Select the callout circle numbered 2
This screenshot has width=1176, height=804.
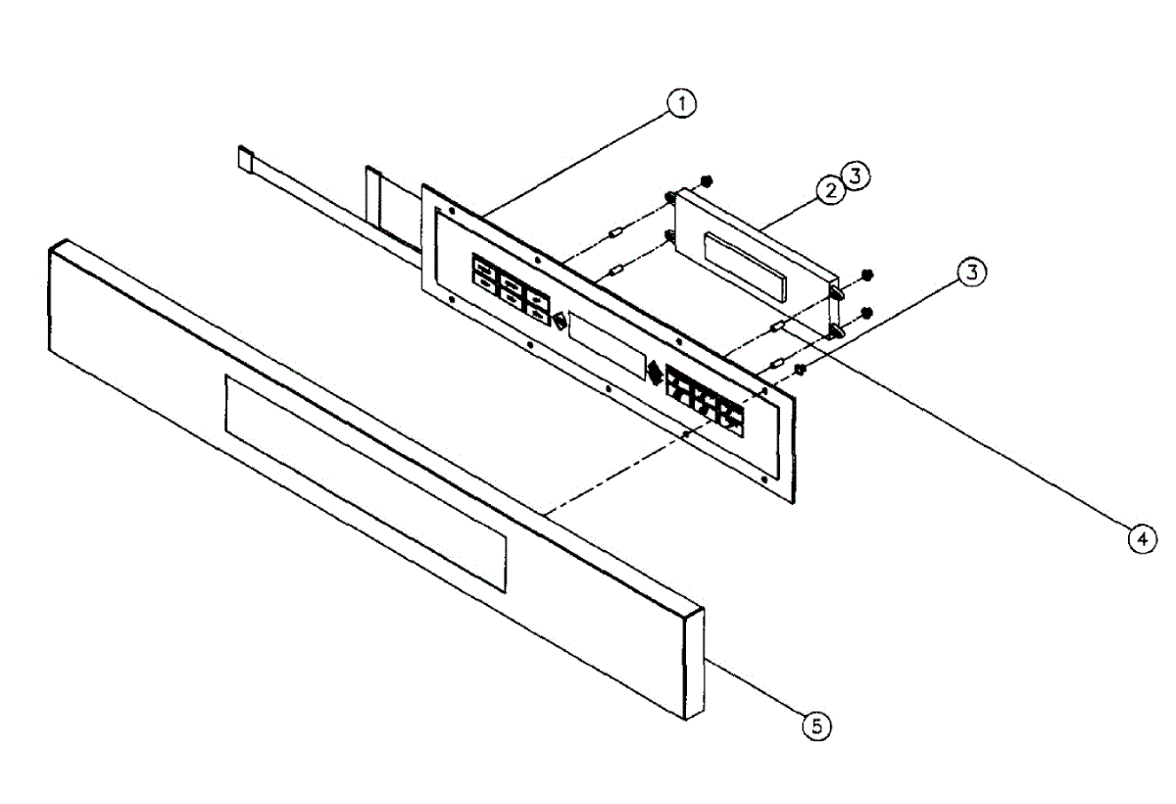click(831, 191)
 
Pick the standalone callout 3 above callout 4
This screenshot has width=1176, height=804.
click(971, 274)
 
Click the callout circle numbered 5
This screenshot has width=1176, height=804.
click(816, 725)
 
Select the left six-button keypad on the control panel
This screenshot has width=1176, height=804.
click(511, 286)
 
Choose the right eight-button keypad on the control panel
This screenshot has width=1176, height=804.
click(704, 396)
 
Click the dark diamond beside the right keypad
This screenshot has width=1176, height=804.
click(654, 372)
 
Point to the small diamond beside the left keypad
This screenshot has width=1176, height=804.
click(558, 321)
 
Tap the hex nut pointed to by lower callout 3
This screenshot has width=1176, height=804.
click(800, 369)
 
